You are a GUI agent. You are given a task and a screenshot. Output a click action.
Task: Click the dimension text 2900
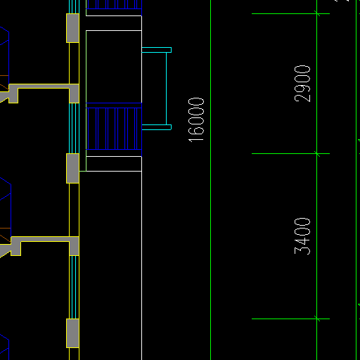click(302, 84)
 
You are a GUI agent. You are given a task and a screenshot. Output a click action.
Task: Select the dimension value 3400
click(302, 236)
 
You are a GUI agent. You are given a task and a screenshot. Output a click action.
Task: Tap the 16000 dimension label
click(196, 120)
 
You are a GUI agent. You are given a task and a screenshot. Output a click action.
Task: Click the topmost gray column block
click(72, 28)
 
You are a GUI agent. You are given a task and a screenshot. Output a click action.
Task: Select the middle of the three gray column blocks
click(72, 168)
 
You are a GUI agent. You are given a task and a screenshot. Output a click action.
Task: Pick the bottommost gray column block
click(72, 333)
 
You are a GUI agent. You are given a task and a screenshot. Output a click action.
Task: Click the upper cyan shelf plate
click(157, 50)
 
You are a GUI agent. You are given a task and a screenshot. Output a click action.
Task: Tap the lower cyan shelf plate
click(157, 127)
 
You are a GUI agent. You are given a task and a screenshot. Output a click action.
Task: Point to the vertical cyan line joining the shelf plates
click(167, 89)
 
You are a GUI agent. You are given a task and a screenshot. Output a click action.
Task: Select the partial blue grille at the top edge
click(114, 4)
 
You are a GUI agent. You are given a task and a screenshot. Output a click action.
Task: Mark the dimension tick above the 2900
click(317, 13)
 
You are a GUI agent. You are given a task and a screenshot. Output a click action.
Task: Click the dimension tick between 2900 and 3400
click(317, 154)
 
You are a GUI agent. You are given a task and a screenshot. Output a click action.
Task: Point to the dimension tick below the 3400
click(317, 319)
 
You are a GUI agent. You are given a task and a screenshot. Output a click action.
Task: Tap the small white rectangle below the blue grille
click(114, 164)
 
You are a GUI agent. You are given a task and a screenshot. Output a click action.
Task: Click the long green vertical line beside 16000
click(211, 180)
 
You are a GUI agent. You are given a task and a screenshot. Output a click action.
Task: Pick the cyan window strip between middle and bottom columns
click(74, 288)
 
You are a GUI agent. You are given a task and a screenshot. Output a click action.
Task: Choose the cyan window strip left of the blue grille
click(74, 128)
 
